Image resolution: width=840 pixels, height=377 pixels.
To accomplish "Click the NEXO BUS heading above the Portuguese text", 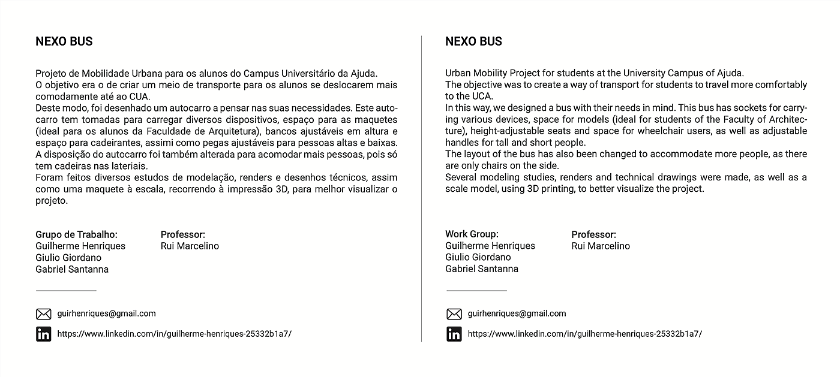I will (x=64, y=42).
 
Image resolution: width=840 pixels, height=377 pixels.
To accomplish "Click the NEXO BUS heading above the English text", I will (x=473, y=42).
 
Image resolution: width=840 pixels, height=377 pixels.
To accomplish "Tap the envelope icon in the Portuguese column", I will (x=44, y=314).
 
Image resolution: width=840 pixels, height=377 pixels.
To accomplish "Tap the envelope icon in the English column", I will (x=454, y=314).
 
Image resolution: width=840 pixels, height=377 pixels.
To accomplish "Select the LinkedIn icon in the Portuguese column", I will (x=44, y=334).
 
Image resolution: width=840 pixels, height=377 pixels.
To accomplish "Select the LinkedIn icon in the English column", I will (x=454, y=334).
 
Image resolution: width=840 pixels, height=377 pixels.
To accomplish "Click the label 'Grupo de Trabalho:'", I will (x=76, y=235).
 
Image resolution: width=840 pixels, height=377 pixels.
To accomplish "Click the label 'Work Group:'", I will (x=472, y=234).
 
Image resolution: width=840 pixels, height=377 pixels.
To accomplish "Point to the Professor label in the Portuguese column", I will (x=183, y=235).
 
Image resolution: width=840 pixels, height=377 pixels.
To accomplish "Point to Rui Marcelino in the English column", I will (x=601, y=246).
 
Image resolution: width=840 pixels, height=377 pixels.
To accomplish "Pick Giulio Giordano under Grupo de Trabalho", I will (x=68, y=258).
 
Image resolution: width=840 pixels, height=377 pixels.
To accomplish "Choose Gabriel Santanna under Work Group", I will (x=482, y=269).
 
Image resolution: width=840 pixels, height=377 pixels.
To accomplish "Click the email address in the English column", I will (x=517, y=313).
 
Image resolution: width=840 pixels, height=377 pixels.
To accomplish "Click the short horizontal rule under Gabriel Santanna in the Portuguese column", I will (x=66, y=291).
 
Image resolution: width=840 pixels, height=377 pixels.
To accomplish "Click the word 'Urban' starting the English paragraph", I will (x=458, y=74).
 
